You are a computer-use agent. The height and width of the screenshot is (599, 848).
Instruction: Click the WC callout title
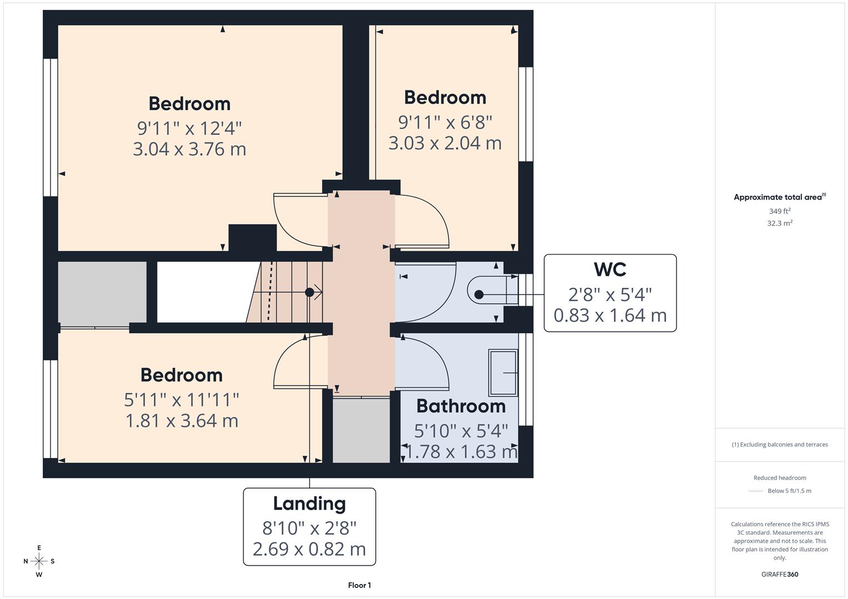tap(610, 270)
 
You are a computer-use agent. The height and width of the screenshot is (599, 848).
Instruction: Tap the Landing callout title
tap(309, 504)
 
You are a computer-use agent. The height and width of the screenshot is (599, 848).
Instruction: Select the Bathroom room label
tap(461, 406)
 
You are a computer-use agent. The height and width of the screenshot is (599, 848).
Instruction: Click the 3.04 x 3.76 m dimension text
tap(189, 149)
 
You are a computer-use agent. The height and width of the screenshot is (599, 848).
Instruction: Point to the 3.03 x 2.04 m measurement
tap(445, 143)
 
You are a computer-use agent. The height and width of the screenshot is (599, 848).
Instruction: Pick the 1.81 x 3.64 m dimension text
tap(182, 421)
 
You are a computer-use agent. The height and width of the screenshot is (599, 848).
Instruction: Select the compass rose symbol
tap(39, 561)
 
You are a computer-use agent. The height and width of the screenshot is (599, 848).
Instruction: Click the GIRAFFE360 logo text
tap(780, 575)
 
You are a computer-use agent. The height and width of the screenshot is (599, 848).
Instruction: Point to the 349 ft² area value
tap(780, 211)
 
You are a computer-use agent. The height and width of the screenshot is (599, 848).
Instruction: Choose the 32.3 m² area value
tap(780, 224)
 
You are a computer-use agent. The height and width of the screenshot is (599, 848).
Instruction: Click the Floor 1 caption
tap(359, 585)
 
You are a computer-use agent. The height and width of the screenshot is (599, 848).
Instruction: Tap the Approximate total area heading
tap(779, 197)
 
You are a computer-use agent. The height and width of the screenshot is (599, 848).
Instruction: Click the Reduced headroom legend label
tap(780, 478)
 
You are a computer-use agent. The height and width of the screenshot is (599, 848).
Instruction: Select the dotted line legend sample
tap(756, 491)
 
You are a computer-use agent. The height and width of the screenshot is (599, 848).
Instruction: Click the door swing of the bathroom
tap(428, 361)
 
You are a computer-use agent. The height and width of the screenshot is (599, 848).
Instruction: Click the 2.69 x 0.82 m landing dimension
tap(309, 549)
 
